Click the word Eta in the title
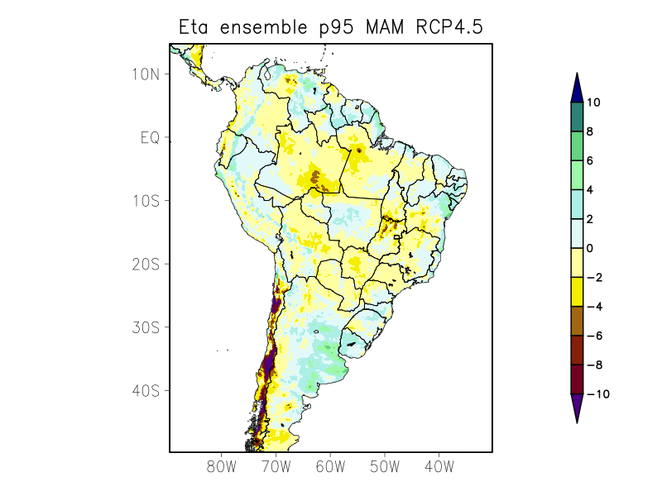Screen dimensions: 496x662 195,27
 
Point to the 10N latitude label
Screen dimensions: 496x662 146,74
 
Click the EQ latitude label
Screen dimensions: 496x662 150,137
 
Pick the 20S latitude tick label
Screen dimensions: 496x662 146,264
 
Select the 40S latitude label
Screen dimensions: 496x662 146,390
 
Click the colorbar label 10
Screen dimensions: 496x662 592,103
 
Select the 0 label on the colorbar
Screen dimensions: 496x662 589,248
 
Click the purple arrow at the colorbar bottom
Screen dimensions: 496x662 577,408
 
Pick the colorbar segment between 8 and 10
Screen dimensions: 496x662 577,117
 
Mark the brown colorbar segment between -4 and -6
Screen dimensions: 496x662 577,320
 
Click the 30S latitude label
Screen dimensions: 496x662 146,327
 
